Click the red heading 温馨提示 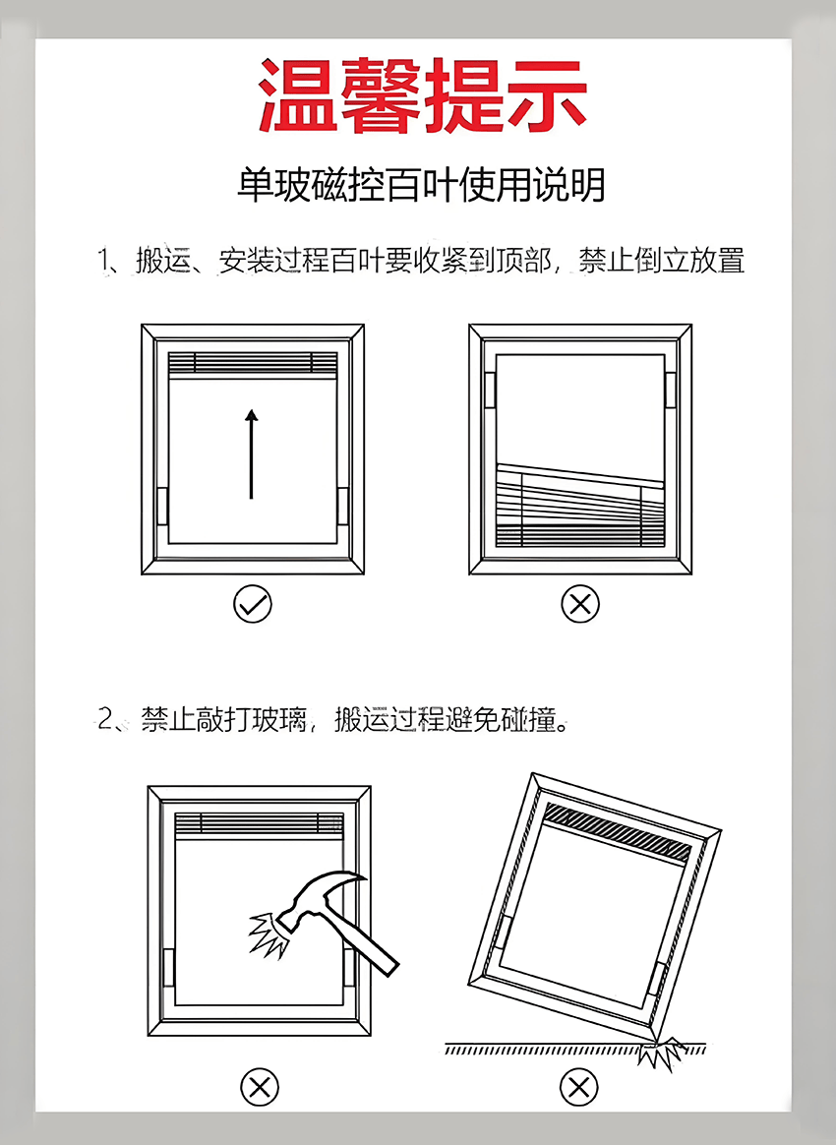pyautogui.click(x=422, y=95)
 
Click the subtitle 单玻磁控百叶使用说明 pyautogui.click(x=421, y=184)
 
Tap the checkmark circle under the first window pyautogui.click(x=253, y=604)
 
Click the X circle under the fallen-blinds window pyautogui.click(x=579, y=604)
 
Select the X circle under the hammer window pyautogui.click(x=260, y=1087)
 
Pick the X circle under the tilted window pyautogui.click(x=579, y=1087)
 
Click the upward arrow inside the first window pyautogui.click(x=252, y=453)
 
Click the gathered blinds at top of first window pyautogui.click(x=253, y=363)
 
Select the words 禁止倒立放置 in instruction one pyautogui.click(x=661, y=262)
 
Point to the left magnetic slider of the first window pyautogui.click(x=162, y=505)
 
